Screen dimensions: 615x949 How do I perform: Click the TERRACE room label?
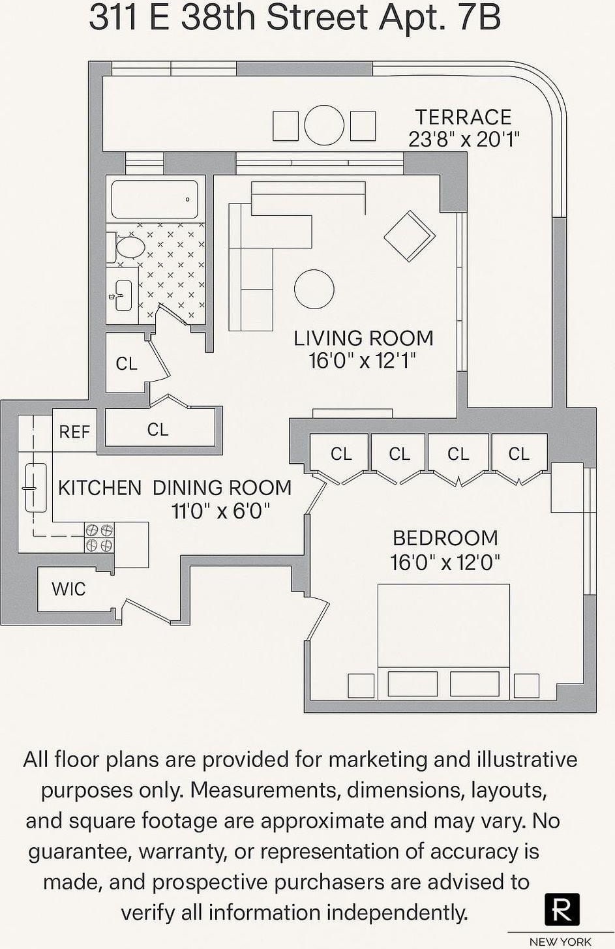(x=463, y=117)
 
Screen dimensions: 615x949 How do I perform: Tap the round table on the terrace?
(x=324, y=125)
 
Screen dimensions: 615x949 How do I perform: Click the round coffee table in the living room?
(x=314, y=290)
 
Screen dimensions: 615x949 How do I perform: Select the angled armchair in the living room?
(x=410, y=236)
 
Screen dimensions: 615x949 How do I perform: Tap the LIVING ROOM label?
(x=363, y=339)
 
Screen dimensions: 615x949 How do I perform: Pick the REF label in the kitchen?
(x=74, y=432)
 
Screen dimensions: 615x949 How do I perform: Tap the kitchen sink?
(x=36, y=488)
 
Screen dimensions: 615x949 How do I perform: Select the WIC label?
(x=68, y=588)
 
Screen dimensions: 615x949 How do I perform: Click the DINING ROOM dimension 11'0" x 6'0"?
(x=221, y=511)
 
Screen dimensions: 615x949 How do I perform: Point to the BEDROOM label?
(x=445, y=539)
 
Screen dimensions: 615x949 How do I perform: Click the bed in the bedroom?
(x=443, y=641)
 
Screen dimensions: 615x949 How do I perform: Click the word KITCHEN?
(x=100, y=488)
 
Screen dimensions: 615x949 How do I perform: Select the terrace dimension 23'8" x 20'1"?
(x=464, y=138)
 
